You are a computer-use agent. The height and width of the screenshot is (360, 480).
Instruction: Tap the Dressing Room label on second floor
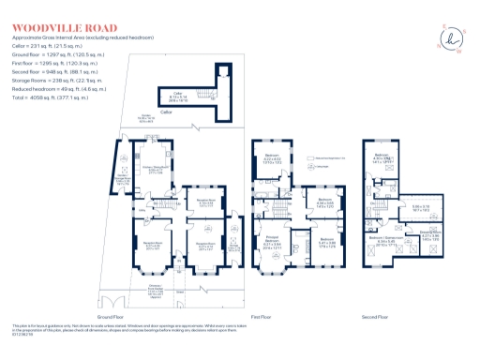[430, 233]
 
